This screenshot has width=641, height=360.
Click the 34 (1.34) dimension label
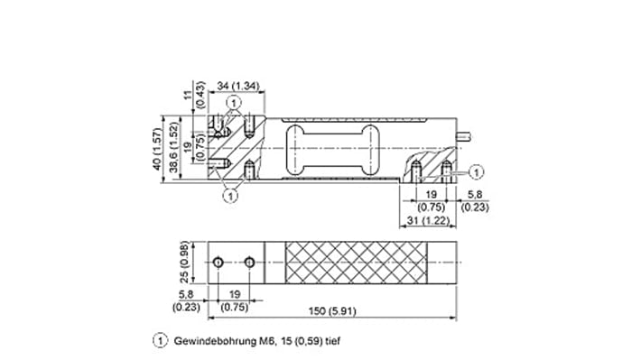[237, 87]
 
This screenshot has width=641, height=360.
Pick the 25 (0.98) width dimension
[183, 262]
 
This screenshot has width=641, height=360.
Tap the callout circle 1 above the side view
[234, 104]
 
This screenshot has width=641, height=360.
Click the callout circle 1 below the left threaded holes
[231, 193]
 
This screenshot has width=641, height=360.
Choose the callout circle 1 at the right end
[478, 168]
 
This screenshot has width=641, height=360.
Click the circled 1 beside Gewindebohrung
[161, 342]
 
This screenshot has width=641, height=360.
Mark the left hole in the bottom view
[218, 262]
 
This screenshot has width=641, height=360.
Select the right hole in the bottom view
[249, 262]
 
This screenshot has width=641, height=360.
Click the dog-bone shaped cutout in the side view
[330, 148]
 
